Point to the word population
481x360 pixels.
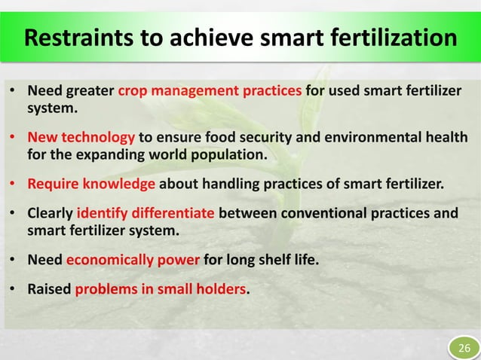click(231, 157)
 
